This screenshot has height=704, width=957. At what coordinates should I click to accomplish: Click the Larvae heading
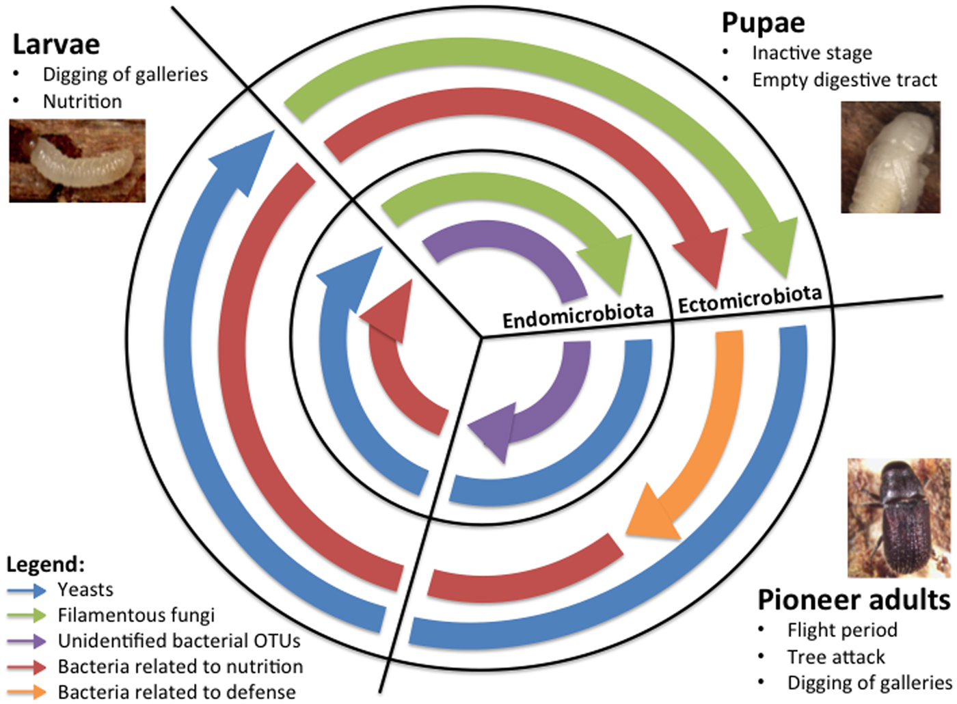point(56,45)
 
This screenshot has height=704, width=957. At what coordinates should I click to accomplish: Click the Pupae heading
point(763,23)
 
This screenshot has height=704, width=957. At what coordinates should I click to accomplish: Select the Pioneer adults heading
point(853,600)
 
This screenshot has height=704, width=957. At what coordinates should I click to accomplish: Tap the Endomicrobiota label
point(578,316)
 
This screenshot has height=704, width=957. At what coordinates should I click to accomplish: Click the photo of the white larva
point(77,161)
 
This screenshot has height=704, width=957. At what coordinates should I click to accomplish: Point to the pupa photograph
point(890,157)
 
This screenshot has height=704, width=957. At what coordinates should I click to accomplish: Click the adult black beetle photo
point(898,517)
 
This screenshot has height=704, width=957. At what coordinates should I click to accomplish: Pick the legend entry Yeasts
point(85,589)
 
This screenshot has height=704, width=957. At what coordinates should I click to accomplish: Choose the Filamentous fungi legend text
point(136,615)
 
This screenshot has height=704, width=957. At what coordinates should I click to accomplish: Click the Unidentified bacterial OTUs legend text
point(179,641)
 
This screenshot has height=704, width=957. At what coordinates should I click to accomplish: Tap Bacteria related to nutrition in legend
point(180,666)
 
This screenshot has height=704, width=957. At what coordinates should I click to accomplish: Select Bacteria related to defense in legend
point(177,692)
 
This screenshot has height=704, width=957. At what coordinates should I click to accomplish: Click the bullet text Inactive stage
point(812,53)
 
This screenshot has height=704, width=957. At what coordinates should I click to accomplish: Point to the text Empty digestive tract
point(844,80)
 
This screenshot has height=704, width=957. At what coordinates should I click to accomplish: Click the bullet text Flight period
point(842,629)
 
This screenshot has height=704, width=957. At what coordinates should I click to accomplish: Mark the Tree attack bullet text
point(835,657)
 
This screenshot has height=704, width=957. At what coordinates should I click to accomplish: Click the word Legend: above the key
point(45,565)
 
